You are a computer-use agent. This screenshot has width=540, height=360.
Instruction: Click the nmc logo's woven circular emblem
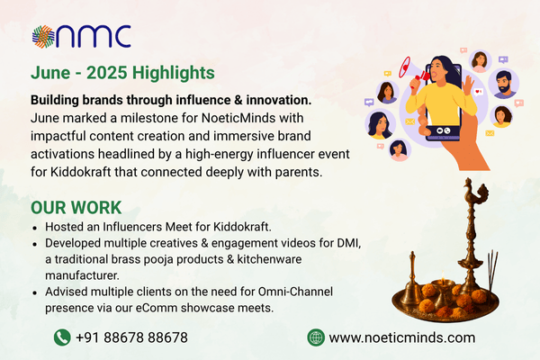[x=43, y=37]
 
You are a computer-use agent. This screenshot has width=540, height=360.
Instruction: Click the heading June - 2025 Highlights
[x=122, y=73]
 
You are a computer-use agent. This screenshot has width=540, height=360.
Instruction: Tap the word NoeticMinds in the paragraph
[x=238, y=118]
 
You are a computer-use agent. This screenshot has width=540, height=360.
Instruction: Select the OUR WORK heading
[x=76, y=208]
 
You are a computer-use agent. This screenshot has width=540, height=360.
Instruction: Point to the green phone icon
[x=62, y=337]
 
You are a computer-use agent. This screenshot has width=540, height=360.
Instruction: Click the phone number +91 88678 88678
[x=131, y=337]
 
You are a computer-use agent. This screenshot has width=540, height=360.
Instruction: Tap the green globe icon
[x=316, y=337]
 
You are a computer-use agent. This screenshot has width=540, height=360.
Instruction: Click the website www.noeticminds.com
[x=402, y=337]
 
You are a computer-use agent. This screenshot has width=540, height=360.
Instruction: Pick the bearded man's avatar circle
[x=503, y=84]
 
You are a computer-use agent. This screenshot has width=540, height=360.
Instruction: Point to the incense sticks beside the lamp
[x=493, y=272]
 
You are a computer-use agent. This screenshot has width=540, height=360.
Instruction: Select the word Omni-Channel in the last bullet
[x=295, y=292]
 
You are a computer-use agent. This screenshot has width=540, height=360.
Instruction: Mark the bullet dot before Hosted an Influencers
[x=35, y=228]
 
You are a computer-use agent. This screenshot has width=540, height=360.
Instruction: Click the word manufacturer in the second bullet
[x=82, y=275]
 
